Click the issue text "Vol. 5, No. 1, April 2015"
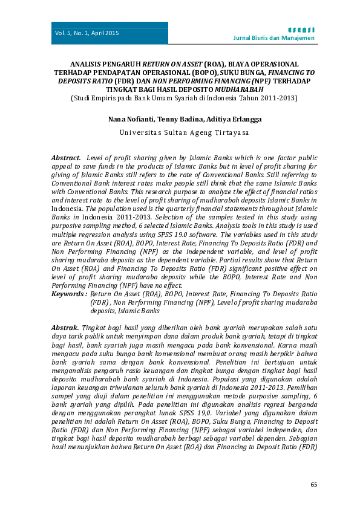87,33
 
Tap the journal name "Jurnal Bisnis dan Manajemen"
274,38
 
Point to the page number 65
313,484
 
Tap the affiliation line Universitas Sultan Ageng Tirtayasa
180,131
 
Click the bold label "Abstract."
66,157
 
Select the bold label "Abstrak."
65,326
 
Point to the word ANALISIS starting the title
88,64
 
